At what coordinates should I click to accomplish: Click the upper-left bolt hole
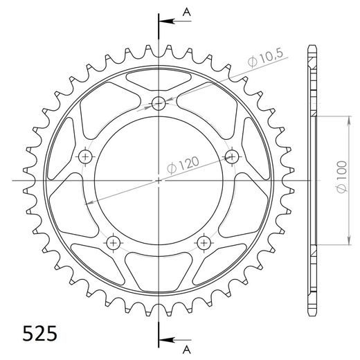[87, 156]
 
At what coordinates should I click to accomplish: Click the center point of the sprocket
[160, 181]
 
